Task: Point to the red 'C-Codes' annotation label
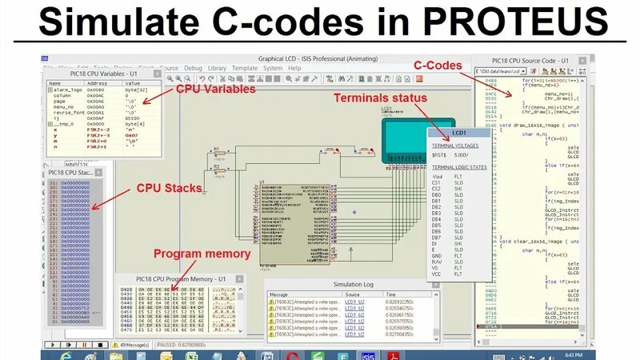coord(438,63)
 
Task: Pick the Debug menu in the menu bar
coord(193,69)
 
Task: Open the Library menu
coord(217,69)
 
